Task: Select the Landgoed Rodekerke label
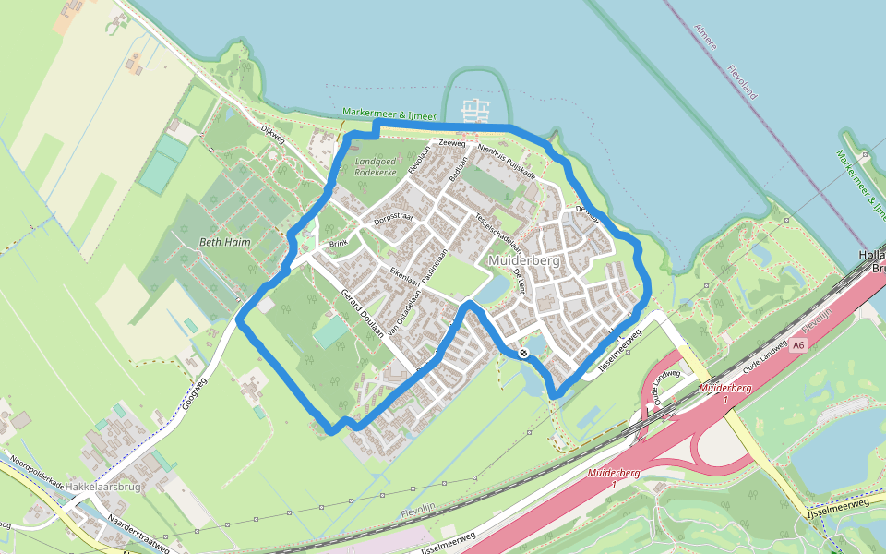tap(376, 166)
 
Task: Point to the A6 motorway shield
tap(798, 345)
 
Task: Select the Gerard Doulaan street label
tap(362, 315)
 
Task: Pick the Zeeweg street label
tap(452, 144)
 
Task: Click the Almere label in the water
tap(706, 36)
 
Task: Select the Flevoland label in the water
tap(741, 82)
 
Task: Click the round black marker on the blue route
tap(523, 353)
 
